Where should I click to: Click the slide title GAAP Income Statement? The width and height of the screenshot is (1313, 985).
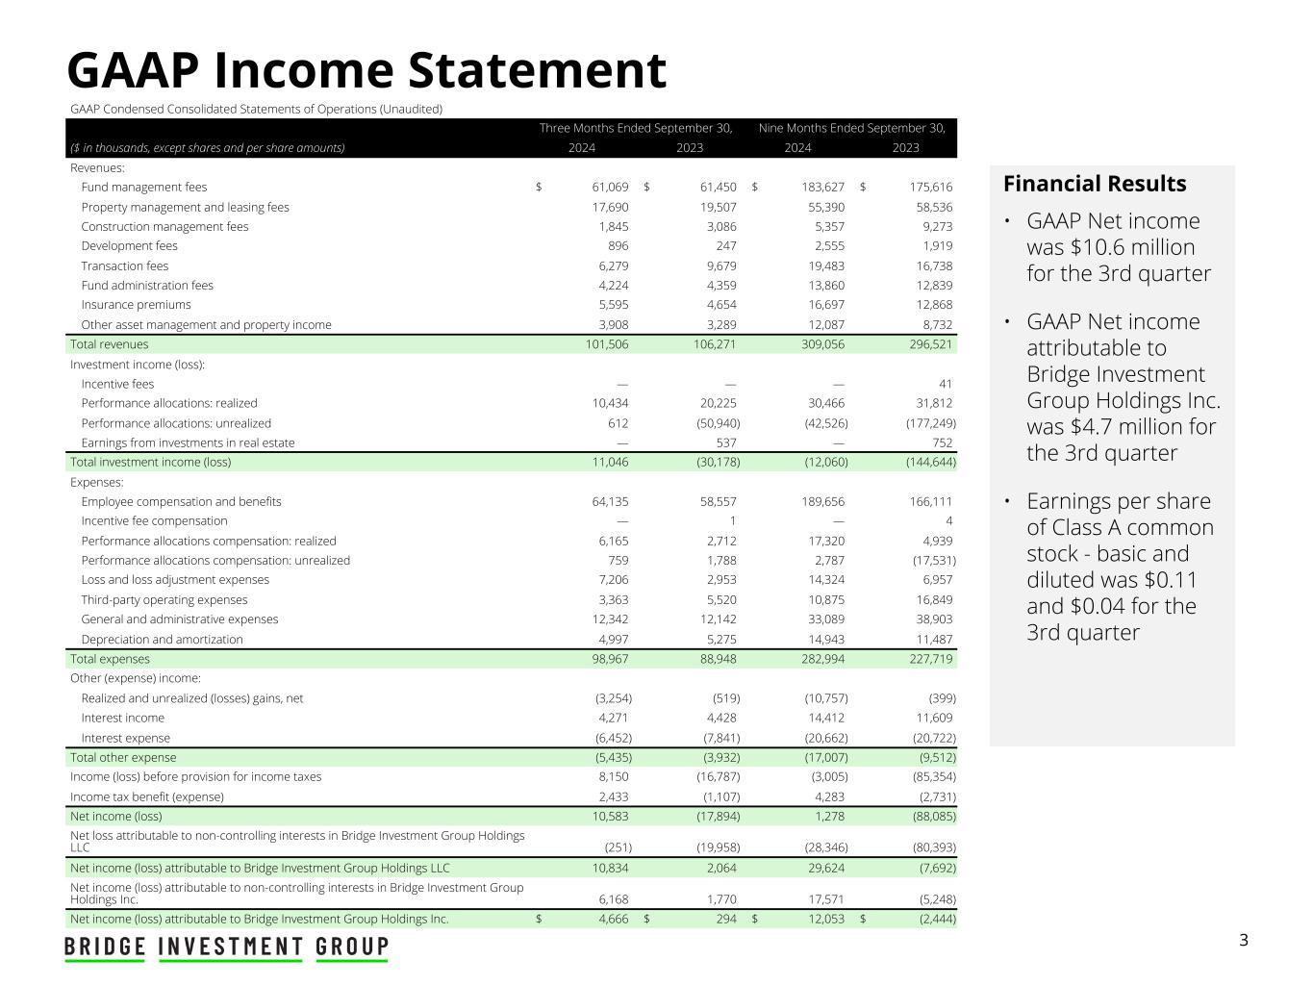pyautogui.click(x=366, y=70)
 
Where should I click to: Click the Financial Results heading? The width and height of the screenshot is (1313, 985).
pyautogui.click(x=1095, y=184)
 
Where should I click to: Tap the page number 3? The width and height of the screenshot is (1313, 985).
pyautogui.click(x=1243, y=940)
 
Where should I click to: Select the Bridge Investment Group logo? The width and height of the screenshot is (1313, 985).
pyautogui.click(x=227, y=947)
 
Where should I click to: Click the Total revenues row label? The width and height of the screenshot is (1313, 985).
pyautogui.click(x=110, y=344)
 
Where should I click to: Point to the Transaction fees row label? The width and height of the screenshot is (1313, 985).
pyautogui.click(x=125, y=265)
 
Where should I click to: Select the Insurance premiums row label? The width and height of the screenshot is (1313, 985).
pyautogui.click(x=136, y=305)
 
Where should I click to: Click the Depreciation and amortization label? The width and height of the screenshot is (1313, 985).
pyautogui.click(x=162, y=640)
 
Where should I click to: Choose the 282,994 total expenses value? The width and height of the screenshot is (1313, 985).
pyautogui.click(x=822, y=659)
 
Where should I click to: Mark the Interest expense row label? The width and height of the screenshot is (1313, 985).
pyautogui.click(x=125, y=738)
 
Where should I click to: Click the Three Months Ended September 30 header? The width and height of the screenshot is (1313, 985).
pyautogui.click(x=636, y=128)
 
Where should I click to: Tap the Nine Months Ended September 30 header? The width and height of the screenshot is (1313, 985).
pyautogui.click(x=851, y=128)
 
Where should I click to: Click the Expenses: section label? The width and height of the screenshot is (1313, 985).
pyautogui.click(x=97, y=482)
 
